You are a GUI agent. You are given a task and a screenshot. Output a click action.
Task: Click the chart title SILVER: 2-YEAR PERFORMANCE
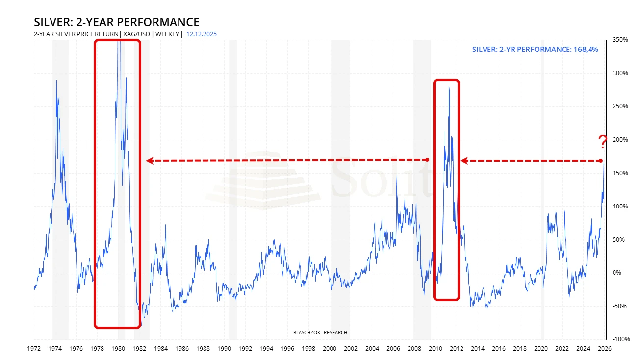(116, 22)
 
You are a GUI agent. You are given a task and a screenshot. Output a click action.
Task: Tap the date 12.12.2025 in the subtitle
(202, 34)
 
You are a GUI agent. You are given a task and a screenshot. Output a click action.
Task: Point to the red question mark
(603, 142)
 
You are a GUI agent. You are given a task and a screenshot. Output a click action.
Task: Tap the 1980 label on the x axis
(118, 348)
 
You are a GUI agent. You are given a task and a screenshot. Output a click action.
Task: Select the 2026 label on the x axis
(605, 348)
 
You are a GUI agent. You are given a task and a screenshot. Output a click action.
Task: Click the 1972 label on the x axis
(34, 348)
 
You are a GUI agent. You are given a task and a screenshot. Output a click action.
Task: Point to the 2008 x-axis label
(414, 348)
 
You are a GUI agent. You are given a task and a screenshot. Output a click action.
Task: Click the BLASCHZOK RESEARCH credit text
(320, 333)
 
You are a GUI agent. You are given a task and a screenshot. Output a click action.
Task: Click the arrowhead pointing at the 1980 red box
(150, 160)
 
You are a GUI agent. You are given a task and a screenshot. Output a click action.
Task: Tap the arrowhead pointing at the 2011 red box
(463, 160)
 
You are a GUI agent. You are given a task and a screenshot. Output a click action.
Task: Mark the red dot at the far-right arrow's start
(601, 161)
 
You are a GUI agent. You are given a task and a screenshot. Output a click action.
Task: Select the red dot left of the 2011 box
(427, 160)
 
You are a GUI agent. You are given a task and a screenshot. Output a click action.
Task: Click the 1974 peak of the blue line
(56, 81)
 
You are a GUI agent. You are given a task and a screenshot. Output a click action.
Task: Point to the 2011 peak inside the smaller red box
(449, 87)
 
